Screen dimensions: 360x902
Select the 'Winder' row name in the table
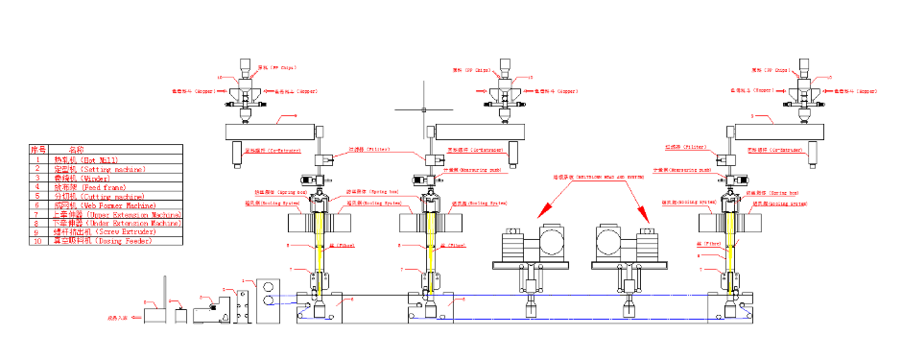click(82, 178)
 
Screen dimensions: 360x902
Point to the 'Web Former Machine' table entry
click(107, 204)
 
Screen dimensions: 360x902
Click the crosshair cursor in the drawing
click(423, 109)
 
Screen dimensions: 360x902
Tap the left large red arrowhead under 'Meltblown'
click(542, 209)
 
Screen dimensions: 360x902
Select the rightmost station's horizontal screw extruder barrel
click(778, 132)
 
